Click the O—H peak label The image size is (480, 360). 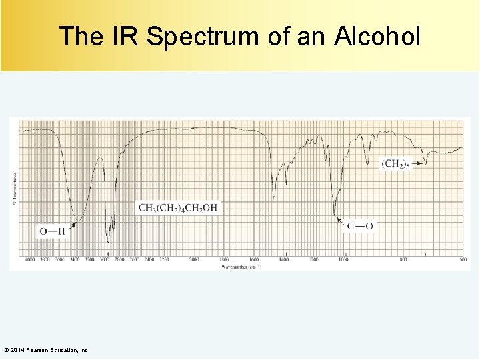click(x=53, y=231)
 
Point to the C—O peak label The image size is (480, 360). click(x=360, y=226)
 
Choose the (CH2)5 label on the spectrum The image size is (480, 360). click(x=396, y=163)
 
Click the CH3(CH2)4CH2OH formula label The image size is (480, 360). click(x=177, y=207)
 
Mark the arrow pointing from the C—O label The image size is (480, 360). click(x=340, y=220)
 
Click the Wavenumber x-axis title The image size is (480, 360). click(x=241, y=267)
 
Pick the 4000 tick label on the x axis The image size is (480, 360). click(x=30, y=259)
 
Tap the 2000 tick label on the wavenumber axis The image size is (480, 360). click(x=195, y=259)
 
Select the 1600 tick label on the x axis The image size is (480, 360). click(x=254, y=259)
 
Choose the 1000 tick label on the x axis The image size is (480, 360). click(x=343, y=259)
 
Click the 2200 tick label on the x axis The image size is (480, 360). click(x=165, y=259)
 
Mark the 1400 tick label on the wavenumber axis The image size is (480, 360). click(x=284, y=259)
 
